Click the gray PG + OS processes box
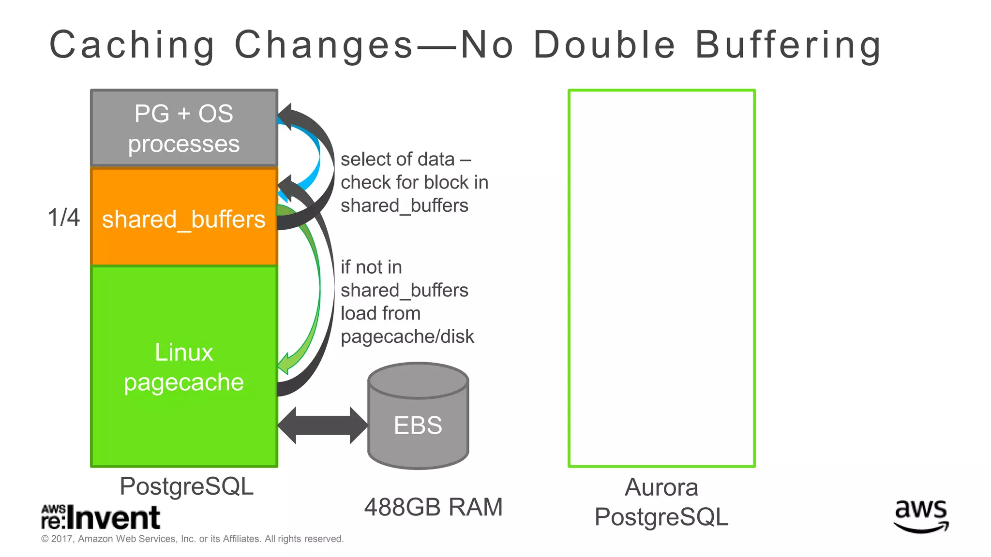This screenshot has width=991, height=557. point(184,128)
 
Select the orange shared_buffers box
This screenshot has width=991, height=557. point(184,218)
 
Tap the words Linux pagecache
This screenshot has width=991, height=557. point(184,367)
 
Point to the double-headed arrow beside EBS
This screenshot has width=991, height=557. point(322,425)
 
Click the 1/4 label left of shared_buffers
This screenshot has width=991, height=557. point(63,218)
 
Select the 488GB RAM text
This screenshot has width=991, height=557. point(433,507)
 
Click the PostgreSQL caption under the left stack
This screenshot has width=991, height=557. point(186,486)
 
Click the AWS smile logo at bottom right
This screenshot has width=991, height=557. point(921,516)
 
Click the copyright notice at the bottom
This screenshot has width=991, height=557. point(192,539)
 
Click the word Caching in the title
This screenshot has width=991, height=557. point(132,45)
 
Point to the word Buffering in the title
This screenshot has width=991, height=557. point(788,45)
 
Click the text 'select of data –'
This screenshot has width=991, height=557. point(405,160)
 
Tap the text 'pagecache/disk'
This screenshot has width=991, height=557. point(407,337)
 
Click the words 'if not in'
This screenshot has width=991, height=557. point(371,267)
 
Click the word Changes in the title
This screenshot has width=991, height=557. point(324,45)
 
